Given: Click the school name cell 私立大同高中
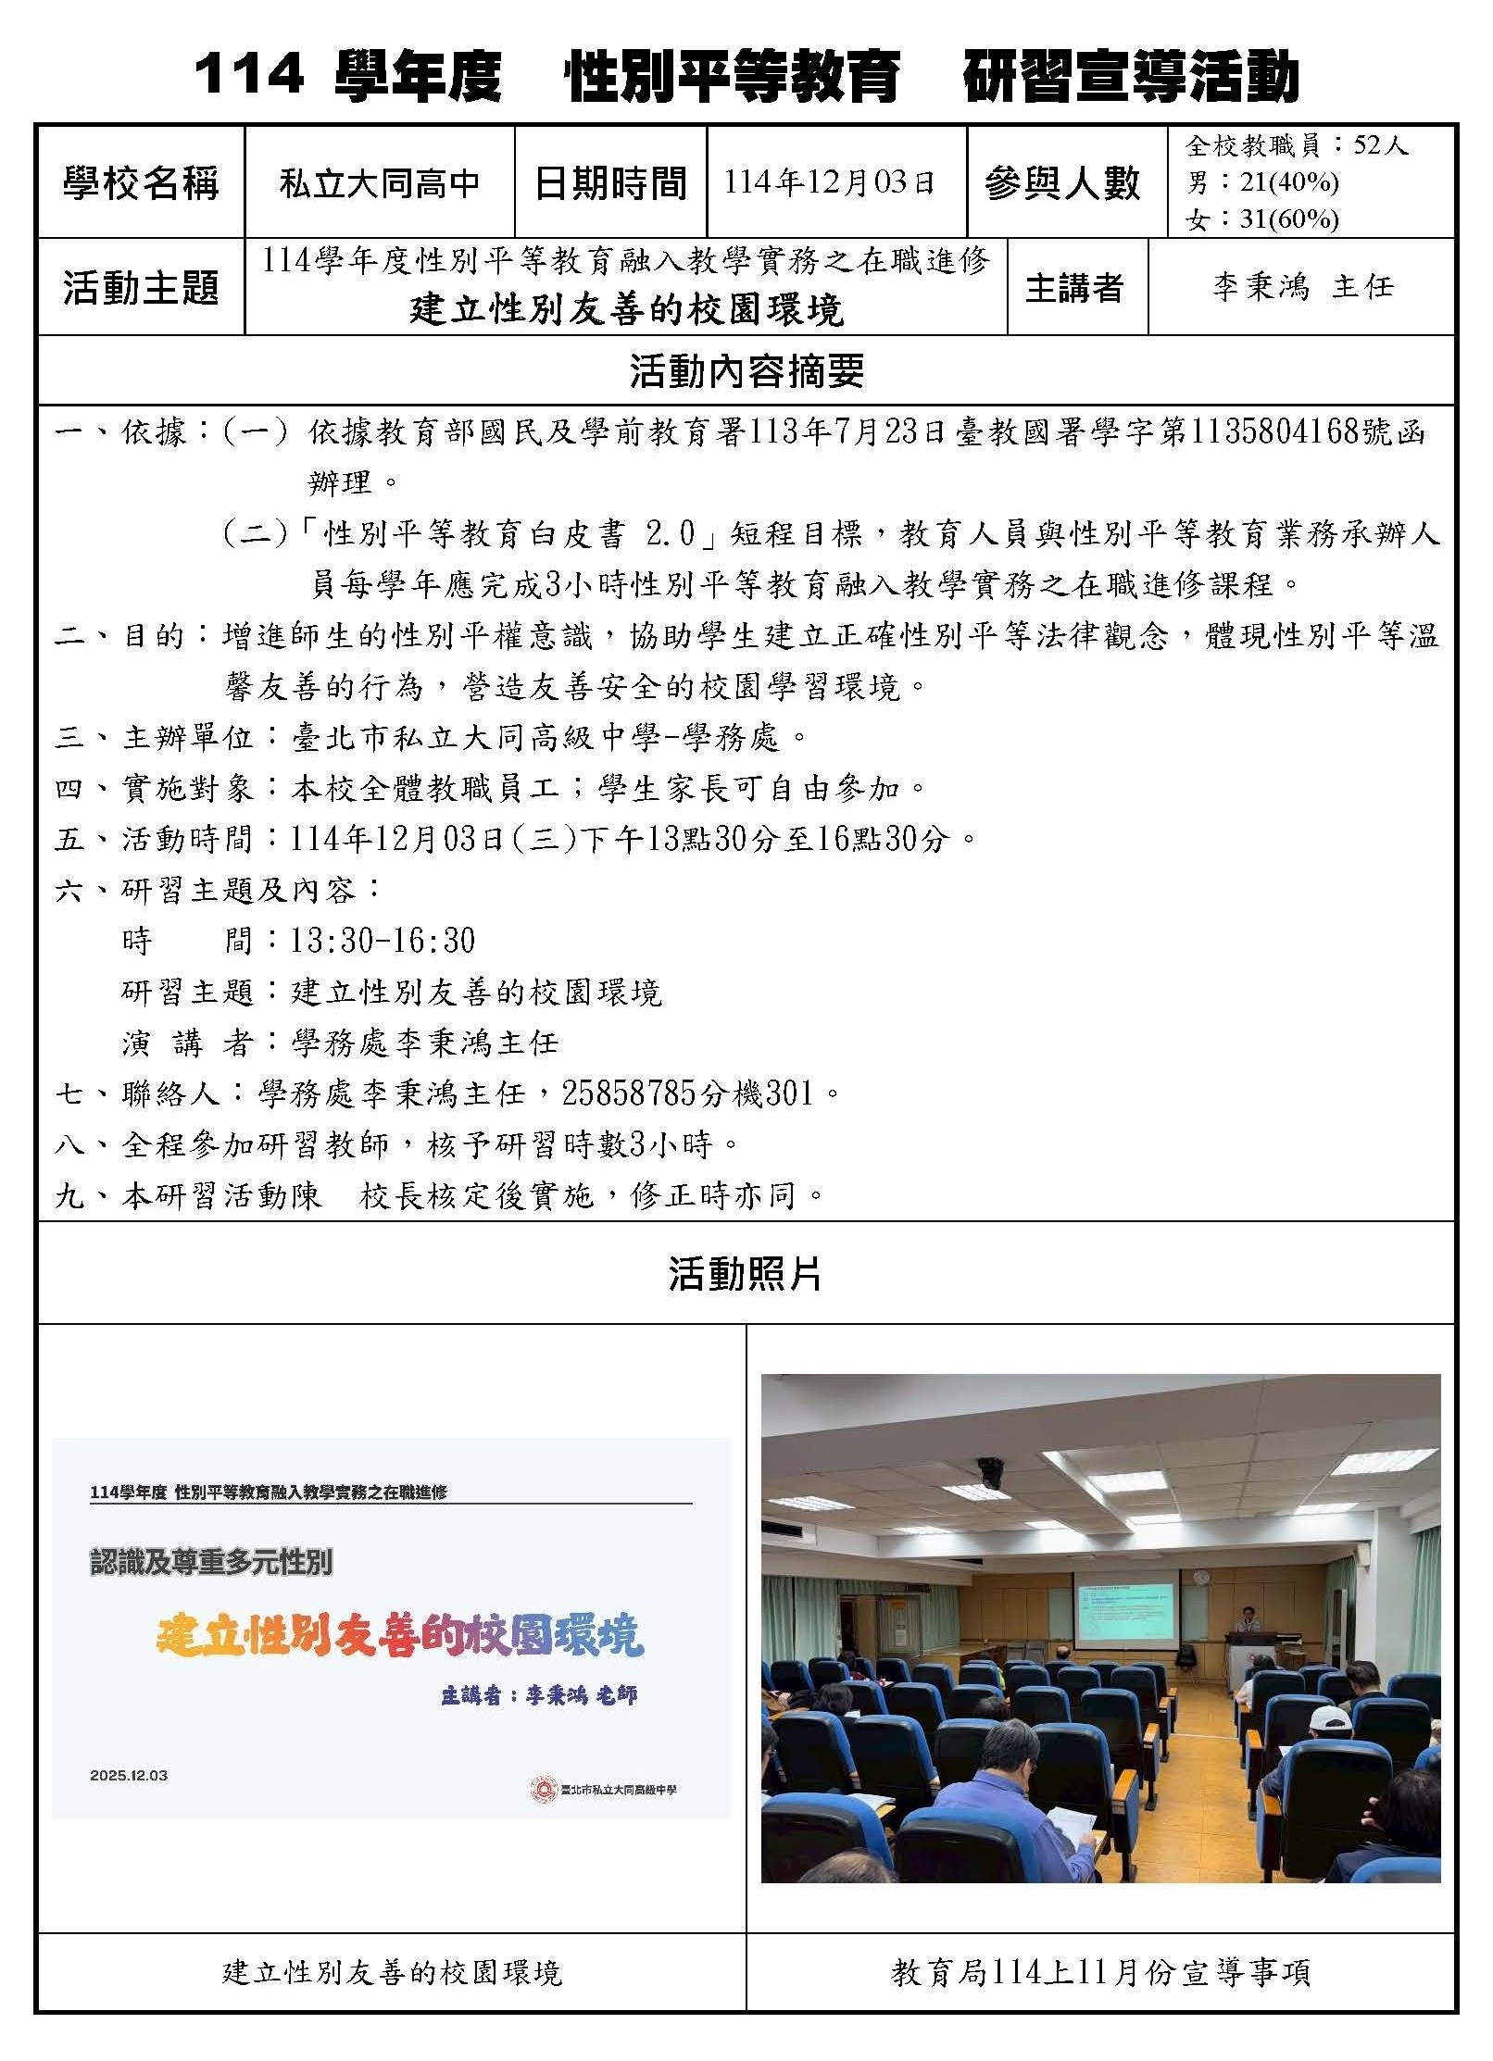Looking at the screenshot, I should point(380,183).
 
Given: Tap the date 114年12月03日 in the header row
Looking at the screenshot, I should point(829,182).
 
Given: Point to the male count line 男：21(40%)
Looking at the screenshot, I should point(1262,182).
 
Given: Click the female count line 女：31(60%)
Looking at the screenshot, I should point(1262,219).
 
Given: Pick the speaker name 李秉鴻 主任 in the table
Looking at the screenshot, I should point(1302,287).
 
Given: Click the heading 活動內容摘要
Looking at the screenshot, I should point(746,371).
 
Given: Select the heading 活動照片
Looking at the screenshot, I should point(746,1274).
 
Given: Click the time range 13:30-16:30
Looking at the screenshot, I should point(383,941).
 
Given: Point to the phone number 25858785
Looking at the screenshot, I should point(628,1093).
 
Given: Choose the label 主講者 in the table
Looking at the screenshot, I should point(1074,288).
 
